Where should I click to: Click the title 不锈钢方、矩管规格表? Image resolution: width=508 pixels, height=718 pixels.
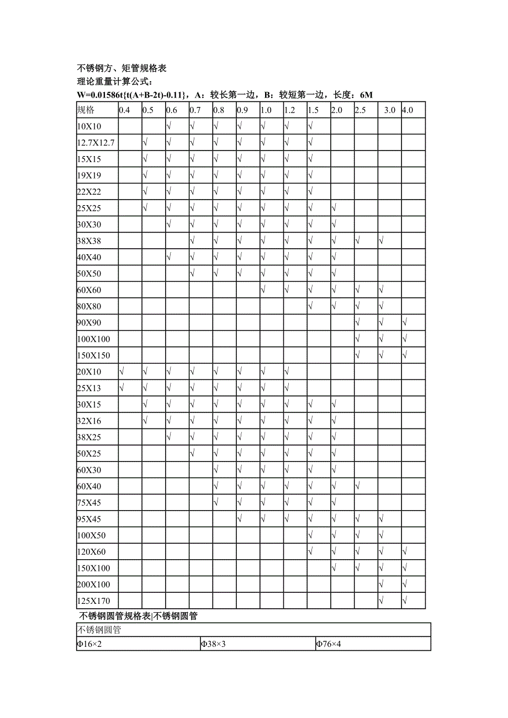(x=121, y=69)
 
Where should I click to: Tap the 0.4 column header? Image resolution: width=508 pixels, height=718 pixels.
(x=124, y=110)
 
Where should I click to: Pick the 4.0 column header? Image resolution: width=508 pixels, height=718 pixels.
(x=408, y=110)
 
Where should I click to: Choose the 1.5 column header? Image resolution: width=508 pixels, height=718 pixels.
(x=313, y=110)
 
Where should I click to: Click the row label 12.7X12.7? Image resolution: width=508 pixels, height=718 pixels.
(x=96, y=143)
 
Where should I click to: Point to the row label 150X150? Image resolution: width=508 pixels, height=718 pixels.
(x=93, y=356)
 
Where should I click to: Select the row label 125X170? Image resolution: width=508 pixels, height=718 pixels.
(x=93, y=601)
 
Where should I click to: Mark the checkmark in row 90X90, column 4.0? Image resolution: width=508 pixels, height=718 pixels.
(x=405, y=323)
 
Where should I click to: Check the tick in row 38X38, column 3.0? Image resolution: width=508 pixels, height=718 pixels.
(x=381, y=241)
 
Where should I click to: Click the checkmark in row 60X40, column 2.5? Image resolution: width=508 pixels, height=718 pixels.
(x=357, y=486)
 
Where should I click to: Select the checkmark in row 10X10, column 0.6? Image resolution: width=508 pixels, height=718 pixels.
(x=168, y=126)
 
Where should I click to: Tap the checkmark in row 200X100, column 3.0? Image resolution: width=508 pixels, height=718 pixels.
(x=381, y=584)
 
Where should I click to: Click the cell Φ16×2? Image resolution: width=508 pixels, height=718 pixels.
(x=89, y=644)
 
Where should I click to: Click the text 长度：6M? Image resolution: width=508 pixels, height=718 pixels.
(x=353, y=95)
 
